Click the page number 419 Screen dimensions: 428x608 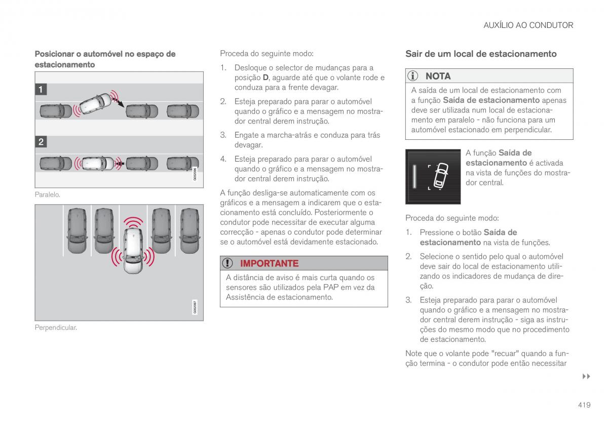(x=584, y=405)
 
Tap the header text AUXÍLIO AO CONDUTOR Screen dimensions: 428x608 (x=528, y=25)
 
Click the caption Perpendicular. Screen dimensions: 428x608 (x=56, y=328)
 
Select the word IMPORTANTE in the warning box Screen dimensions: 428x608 (x=269, y=263)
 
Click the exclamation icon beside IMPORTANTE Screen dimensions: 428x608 (x=228, y=263)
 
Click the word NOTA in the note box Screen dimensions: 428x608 (x=438, y=76)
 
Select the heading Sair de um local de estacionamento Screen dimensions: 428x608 (x=481, y=54)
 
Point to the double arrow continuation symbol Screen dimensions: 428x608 (x=586, y=376)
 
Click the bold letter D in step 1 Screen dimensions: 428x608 (x=265, y=77)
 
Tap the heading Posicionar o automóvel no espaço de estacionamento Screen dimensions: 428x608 (x=105, y=59)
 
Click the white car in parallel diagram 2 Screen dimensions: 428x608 (x=98, y=163)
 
